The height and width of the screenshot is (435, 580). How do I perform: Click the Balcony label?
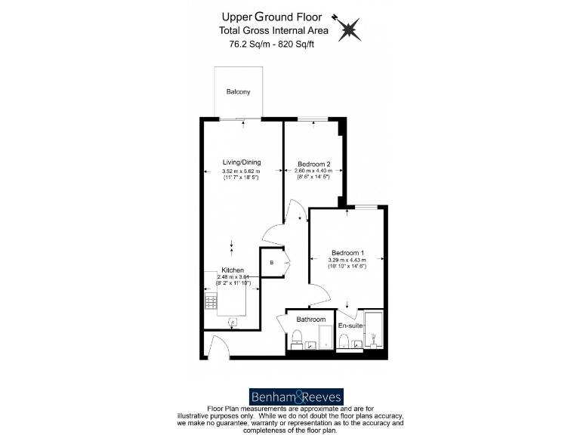pos(238,92)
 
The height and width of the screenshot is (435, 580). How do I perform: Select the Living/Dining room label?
pos(241,162)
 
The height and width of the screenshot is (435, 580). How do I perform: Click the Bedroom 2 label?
pos(313,164)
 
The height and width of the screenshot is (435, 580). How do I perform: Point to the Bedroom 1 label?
pos(347,253)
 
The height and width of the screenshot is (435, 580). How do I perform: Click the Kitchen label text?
pos(232,270)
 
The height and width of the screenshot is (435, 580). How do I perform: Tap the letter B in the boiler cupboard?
pos(271,262)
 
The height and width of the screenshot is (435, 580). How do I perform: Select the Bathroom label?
pos(310,319)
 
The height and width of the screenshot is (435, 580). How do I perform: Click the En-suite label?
pos(350,325)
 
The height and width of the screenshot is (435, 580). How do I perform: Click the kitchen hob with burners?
pos(211,303)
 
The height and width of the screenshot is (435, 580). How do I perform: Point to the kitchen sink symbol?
pos(233,322)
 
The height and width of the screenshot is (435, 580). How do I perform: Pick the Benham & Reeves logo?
pos(296,396)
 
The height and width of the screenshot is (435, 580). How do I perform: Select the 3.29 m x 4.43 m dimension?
pos(347,261)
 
